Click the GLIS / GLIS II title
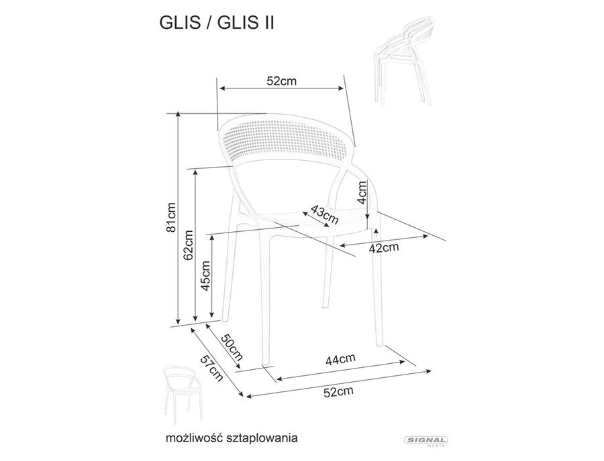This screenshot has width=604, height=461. (217, 23)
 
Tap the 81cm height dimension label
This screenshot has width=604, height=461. (171, 217)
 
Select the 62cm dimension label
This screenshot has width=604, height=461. (189, 245)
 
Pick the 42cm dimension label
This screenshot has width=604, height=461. (384, 248)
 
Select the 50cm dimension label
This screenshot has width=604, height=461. (232, 347)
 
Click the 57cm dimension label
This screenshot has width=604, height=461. (212, 368)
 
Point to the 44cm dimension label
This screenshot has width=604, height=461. (340, 359)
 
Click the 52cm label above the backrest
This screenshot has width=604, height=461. (282, 81)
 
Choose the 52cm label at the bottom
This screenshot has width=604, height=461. (338, 392)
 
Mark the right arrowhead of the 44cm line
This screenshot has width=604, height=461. (402, 362)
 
